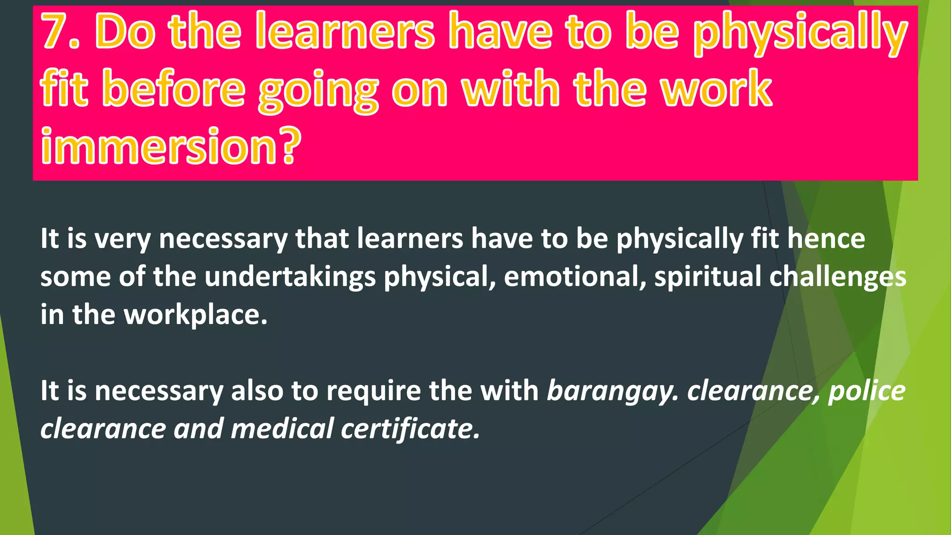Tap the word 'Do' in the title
point(125,32)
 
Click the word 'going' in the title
point(319,91)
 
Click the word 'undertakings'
point(290,277)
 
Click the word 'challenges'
point(838,277)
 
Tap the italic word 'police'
point(866,391)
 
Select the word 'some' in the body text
point(75,277)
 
